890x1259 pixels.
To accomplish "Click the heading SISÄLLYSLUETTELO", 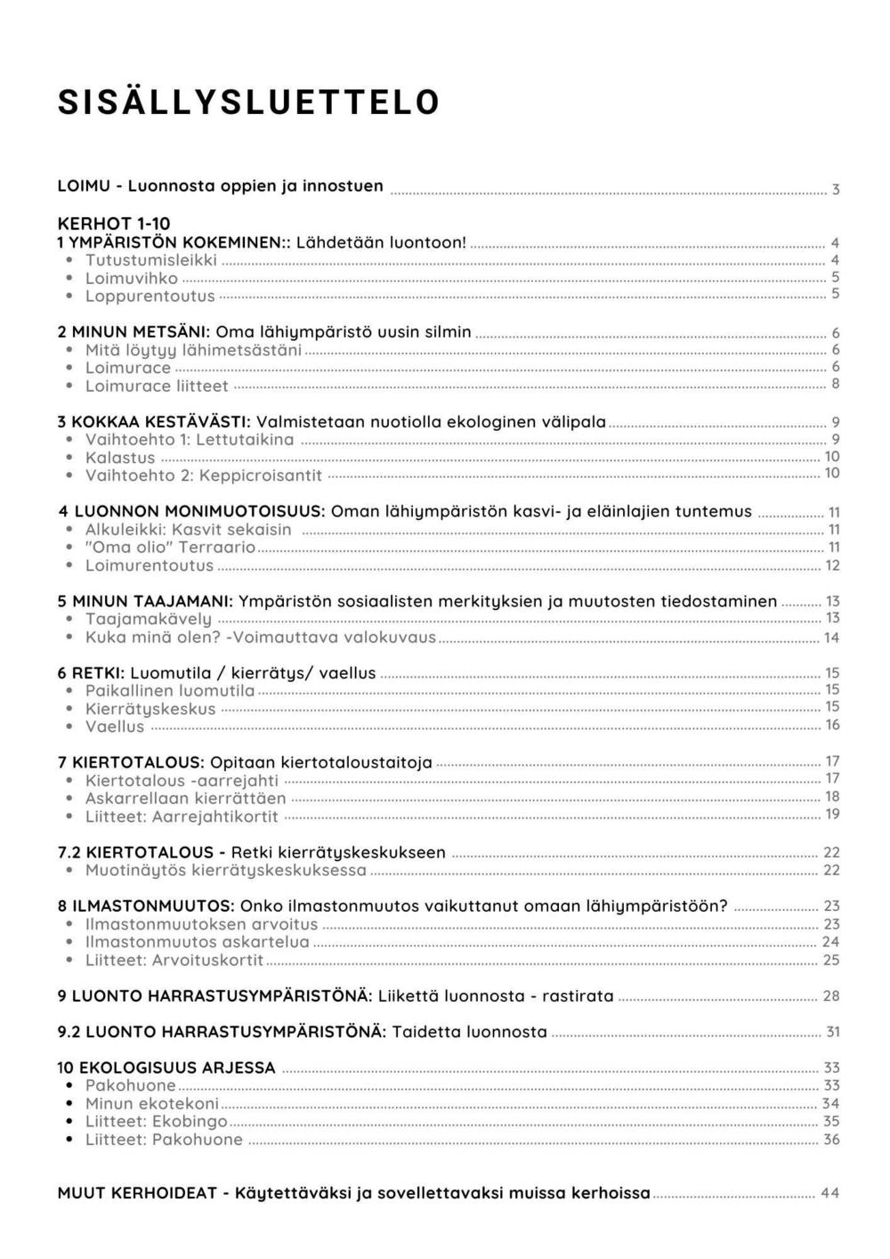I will [x=248, y=102].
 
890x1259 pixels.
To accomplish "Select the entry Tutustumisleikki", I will [x=150, y=260].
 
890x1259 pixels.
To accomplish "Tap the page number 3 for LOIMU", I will [x=836, y=189].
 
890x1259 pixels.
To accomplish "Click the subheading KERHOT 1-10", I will [x=113, y=223].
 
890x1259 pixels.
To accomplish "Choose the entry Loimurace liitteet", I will [x=157, y=386].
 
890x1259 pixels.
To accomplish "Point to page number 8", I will [x=835, y=384].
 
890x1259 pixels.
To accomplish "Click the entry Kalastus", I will [x=120, y=458].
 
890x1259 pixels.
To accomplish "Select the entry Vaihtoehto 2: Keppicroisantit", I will [x=203, y=475].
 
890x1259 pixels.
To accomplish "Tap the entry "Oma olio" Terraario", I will [x=170, y=548].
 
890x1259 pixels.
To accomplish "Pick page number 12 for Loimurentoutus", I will [x=833, y=565].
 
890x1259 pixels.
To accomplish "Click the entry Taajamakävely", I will [x=149, y=619].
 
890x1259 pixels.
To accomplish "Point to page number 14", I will [x=831, y=638].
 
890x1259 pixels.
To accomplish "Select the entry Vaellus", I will [x=115, y=727].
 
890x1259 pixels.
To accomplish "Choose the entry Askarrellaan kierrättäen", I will [x=185, y=798].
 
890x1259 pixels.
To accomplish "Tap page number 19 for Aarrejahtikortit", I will [x=832, y=814].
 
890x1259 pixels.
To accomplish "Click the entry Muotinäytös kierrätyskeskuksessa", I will [x=225, y=870].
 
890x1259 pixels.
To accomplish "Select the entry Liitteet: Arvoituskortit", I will [x=174, y=960].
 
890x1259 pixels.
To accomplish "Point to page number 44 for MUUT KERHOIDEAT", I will [x=829, y=1193].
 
